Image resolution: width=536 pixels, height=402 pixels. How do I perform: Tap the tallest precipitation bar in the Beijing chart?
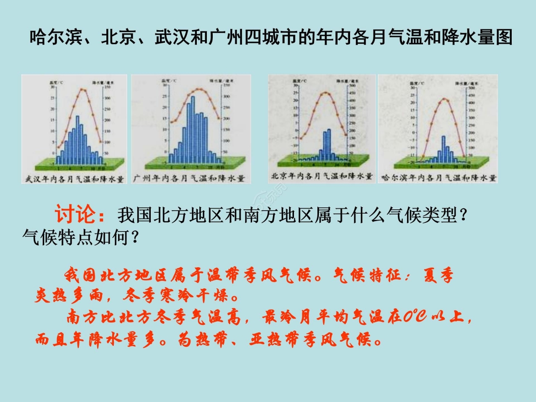tap(329, 144)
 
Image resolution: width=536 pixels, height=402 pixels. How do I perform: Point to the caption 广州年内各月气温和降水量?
tap(188, 178)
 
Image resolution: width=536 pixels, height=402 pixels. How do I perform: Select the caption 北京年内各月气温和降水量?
tap(322, 176)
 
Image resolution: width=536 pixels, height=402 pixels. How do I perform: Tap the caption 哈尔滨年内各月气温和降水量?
tap(438, 178)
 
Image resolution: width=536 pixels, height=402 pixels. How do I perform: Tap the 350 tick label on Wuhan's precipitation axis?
tap(107, 87)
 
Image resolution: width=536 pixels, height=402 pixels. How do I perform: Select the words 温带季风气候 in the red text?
tap(260, 276)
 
